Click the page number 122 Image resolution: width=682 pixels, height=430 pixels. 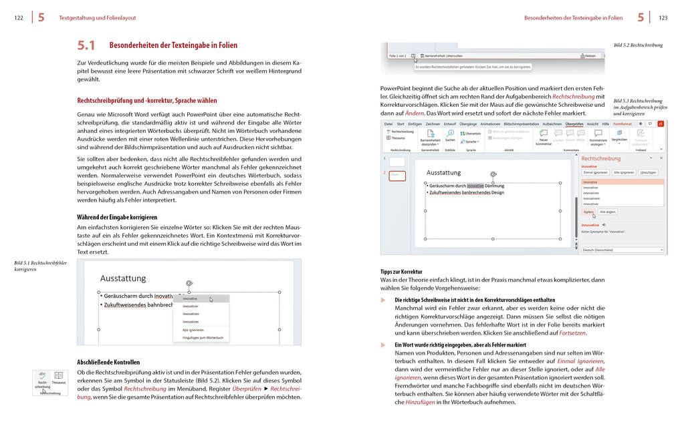click(x=19, y=18)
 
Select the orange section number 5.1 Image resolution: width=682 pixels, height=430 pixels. click(x=86, y=45)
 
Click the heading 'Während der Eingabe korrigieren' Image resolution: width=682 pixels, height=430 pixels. click(x=118, y=217)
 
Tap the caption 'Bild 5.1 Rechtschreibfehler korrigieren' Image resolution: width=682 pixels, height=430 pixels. click(x=40, y=266)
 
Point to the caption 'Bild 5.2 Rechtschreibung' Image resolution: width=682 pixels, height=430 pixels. click(x=638, y=45)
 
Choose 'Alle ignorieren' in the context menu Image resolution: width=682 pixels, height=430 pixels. click(x=194, y=330)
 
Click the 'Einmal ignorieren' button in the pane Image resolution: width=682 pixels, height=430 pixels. click(x=594, y=172)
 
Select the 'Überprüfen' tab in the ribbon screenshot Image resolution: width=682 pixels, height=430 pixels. click(x=574, y=124)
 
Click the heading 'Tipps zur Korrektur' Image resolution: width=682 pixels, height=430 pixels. click(x=401, y=272)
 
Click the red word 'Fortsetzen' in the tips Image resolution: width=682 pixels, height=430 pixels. click(x=572, y=333)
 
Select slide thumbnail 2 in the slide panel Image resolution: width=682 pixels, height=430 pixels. click(x=397, y=176)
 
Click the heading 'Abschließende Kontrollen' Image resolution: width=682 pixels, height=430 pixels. click(x=108, y=362)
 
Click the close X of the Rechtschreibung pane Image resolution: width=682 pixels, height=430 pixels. click(x=661, y=158)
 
